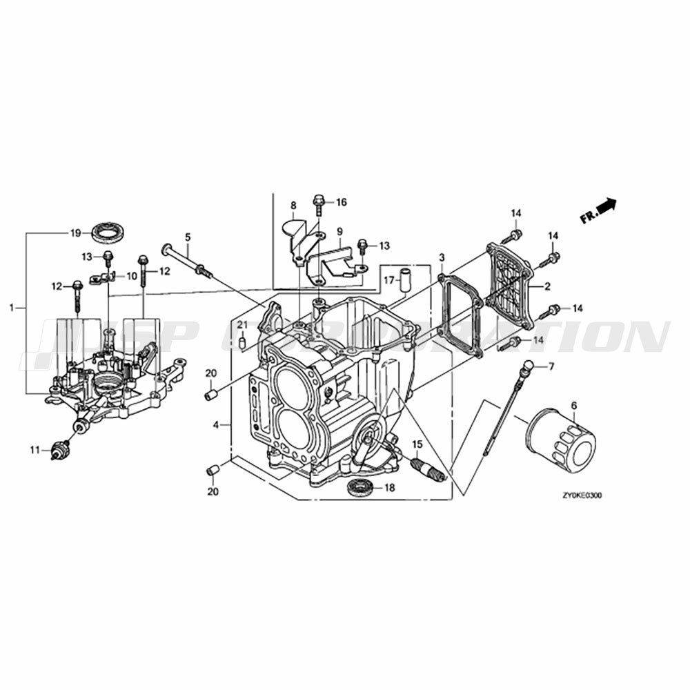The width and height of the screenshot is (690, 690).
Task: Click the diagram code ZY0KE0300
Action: [582, 496]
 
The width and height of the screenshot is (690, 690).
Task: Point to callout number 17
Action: [388, 280]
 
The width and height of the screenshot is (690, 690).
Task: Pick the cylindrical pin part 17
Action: [404, 278]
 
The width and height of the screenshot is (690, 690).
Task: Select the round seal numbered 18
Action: [360, 486]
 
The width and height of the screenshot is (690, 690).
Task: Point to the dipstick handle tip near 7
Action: [526, 366]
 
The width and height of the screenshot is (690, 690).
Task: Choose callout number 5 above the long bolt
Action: [188, 237]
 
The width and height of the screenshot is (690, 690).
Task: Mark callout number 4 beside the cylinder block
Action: [215, 425]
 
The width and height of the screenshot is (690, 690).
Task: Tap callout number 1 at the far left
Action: [12, 308]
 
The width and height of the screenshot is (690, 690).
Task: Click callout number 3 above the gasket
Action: [442, 257]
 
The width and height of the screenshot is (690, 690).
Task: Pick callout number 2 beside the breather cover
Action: [547, 286]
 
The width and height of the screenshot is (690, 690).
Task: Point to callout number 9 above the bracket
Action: [339, 231]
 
